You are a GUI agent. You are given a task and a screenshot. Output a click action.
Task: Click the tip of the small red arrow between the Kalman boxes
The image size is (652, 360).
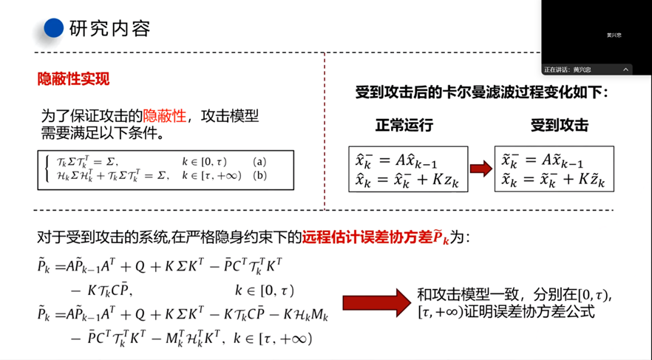[492, 169]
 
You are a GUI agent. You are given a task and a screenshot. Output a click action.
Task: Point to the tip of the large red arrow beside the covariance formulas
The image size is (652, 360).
[411, 303]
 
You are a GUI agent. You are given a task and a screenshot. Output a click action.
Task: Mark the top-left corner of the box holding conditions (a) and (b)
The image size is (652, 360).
[38, 151]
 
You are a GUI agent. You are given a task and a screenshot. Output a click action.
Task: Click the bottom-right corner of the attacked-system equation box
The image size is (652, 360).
[614, 191]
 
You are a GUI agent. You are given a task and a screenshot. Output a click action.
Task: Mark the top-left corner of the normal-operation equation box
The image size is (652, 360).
[349, 146]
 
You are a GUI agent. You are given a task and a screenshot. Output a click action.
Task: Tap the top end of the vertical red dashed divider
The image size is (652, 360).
[325, 53]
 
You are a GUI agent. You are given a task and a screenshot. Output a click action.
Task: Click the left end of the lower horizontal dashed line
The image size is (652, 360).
[34, 211]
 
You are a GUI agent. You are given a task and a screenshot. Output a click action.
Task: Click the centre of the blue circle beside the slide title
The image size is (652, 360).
[54, 28]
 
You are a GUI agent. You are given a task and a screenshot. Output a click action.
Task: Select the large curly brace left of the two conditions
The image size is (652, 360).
[49, 169]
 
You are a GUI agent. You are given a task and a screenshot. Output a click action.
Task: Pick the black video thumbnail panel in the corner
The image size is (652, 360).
[597, 38]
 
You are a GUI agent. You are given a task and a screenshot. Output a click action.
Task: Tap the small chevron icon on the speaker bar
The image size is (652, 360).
[625, 69]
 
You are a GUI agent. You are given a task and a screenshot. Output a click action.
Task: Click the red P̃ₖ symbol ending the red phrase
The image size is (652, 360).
[441, 237]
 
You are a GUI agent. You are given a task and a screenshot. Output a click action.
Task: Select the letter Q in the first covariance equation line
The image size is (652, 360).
[140, 266]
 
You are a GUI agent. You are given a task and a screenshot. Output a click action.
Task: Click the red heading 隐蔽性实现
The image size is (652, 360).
[74, 78]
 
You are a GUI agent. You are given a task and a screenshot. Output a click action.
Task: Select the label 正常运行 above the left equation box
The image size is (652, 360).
[404, 125]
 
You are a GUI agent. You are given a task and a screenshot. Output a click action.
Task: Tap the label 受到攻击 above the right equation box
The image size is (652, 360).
[560, 125]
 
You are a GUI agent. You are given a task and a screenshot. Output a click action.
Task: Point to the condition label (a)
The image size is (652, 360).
[259, 162]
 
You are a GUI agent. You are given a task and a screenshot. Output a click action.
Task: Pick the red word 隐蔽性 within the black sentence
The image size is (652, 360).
[165, 115]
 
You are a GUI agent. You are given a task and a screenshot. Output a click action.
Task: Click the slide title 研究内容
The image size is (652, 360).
[109, 28]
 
